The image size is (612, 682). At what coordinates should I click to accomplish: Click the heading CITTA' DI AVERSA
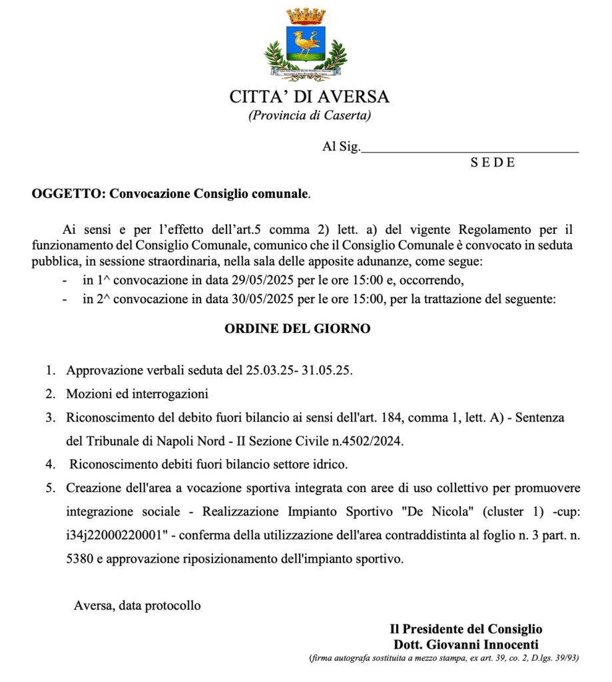[x=309, y=97]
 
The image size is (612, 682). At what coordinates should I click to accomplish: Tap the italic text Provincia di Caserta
[x=309, y=115]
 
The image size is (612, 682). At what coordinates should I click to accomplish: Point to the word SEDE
[x=493, y=163]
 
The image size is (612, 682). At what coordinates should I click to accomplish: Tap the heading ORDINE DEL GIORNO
[x=297, y=328]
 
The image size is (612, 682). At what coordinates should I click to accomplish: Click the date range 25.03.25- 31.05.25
[x=300, y=370]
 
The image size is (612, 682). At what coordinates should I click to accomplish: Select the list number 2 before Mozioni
[x=50, y=394]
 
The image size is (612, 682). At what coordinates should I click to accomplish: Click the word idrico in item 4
[x=328, y=464]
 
